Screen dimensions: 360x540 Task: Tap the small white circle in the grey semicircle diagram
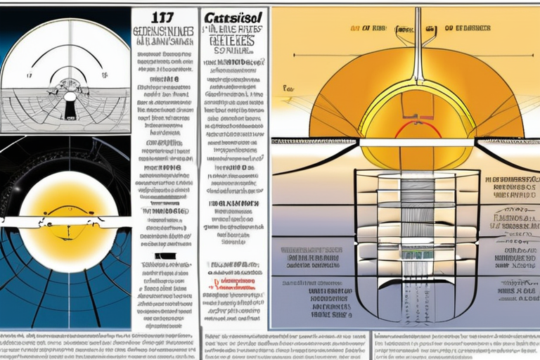pyautogui.click(x=70, y=96)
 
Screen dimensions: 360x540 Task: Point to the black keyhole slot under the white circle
pyautogui.click(x=70, y=110)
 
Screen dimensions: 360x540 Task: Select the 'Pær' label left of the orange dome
pyautogui.click(x=288, y=89)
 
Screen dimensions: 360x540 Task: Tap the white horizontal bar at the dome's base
pyautogui.click(x=418, y=142)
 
